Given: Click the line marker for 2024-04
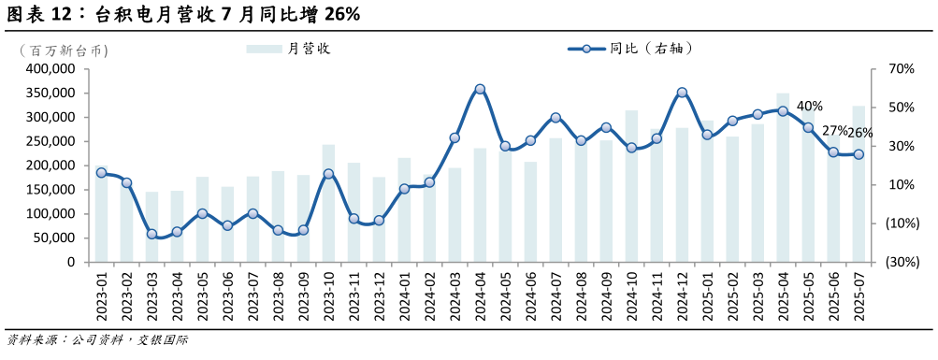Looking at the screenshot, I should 480,90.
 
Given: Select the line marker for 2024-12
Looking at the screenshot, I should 682,93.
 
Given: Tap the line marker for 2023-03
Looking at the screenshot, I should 152,234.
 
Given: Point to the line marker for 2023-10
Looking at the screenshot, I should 328,174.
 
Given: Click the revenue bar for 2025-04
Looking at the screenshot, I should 783,178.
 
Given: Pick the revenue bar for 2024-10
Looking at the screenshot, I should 631,186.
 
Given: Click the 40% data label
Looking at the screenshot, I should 810,107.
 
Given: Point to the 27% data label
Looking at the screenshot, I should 835,131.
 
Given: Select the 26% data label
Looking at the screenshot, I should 860,133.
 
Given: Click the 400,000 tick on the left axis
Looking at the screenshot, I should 51,69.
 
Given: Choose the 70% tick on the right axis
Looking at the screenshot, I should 901,69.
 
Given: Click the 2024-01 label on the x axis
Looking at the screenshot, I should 405,295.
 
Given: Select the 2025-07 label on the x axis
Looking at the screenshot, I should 859,295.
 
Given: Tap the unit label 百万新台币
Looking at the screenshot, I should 57,50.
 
